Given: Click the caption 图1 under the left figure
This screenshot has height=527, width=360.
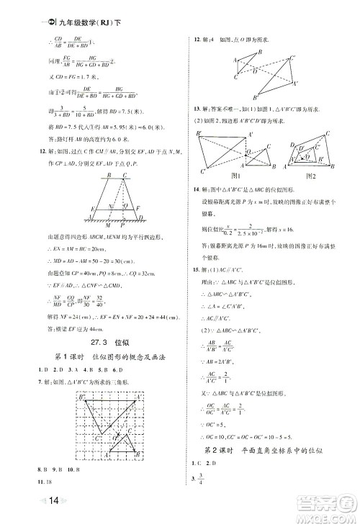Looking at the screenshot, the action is click(x=229, y=176).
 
